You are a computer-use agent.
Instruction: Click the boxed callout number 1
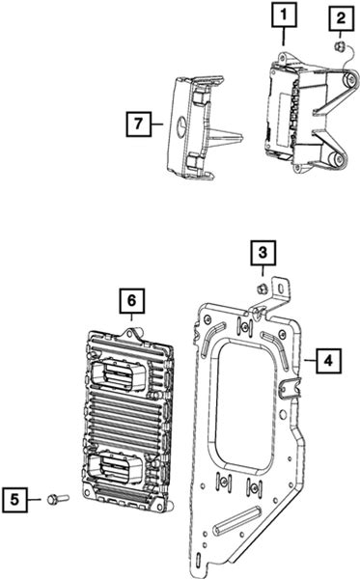click(x=284, y=14)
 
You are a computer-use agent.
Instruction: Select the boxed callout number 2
click(x=341, y=17)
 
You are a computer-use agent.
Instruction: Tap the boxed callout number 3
click(x=263, y=253)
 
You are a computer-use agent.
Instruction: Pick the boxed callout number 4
click(x=328, y=361)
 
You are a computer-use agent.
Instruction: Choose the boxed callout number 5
click(x=14, y=500)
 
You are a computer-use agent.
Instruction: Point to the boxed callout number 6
click(x=132, y=301)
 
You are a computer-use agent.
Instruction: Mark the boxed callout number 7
click(x=138, y=124)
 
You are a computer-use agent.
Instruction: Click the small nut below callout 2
click(x=340, y=46)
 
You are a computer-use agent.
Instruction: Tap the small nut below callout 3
click(x=262, y=289)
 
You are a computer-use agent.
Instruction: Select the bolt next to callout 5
click(x=58, y=499)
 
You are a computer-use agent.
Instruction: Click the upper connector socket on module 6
click(x=118, y=376)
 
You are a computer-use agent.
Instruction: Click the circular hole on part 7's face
click(x=180, y=124)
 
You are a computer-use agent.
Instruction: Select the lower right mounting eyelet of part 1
click(x=338, y=160)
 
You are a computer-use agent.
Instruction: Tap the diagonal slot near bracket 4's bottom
click(x=237, y=521)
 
